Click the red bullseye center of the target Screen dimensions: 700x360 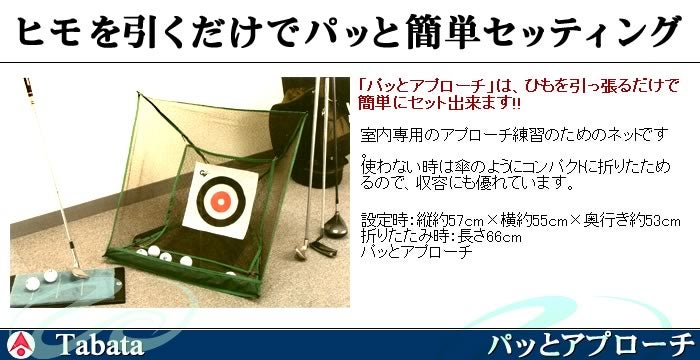(221, 201)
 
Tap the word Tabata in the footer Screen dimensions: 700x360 (100, 345)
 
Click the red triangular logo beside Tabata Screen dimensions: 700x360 (21, 345)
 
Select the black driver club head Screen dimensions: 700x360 (336, 227)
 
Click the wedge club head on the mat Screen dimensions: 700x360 (79, 272)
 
